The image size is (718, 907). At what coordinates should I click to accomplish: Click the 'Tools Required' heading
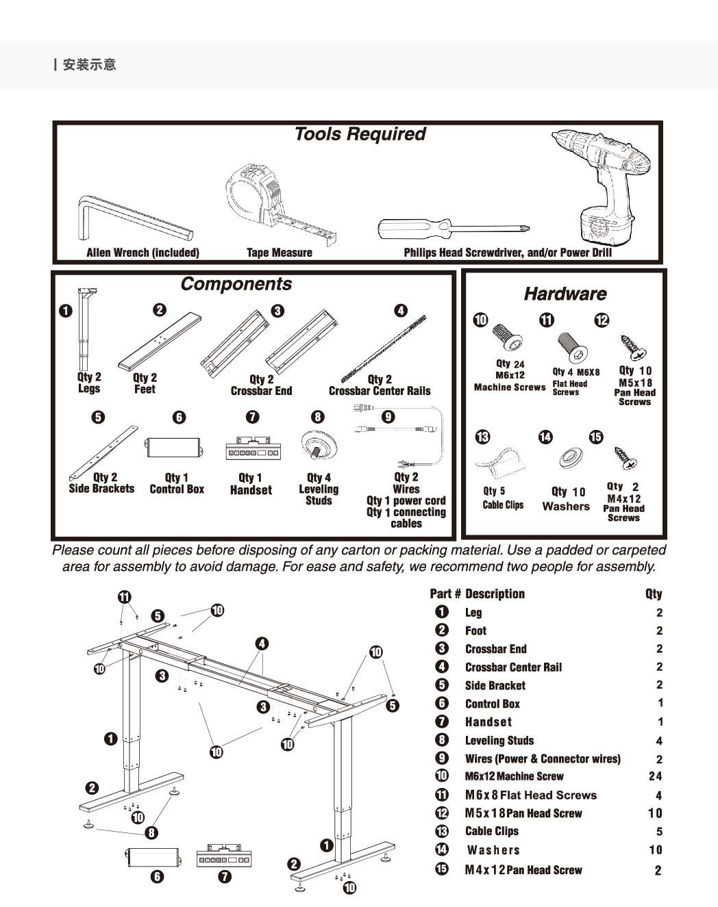click(360, 134)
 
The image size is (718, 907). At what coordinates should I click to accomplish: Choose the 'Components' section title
click(236, 284)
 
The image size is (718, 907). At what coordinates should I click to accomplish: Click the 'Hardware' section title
click(565, 294)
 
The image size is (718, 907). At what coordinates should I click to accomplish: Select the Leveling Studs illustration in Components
click(319, 445)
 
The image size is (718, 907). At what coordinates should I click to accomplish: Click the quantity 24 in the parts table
click(655, 776)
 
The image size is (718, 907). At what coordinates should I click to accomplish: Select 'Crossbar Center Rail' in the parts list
click(513, 667)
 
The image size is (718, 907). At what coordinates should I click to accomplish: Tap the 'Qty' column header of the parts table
click(654, 594)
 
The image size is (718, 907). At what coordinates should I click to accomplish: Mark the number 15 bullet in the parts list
click(442, 869)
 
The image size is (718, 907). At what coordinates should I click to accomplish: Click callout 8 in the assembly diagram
click(151, 832)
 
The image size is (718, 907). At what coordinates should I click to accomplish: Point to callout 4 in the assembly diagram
click(262, 643)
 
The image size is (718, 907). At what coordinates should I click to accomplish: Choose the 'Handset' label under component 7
click(251, 490)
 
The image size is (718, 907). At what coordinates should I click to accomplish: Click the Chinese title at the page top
click(89, 65)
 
